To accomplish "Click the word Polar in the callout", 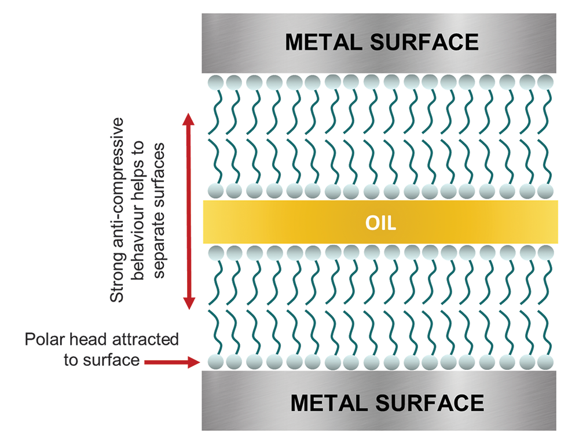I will pos(44,339).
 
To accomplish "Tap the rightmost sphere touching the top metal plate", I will pos(544,81).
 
